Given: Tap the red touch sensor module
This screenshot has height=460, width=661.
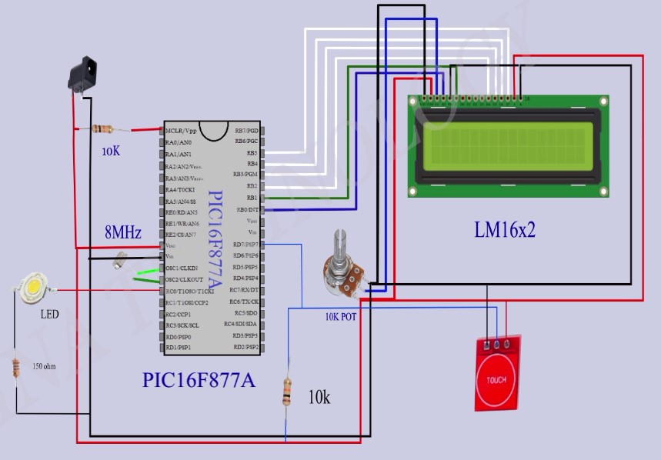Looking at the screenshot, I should point(499,371).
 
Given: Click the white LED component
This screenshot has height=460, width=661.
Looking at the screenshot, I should point(34,288).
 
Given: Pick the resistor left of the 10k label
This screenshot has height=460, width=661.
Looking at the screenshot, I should point(287,392).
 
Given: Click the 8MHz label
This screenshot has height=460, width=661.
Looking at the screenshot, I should point(123,232).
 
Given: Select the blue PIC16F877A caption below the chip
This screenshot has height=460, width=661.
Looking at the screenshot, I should point(199,380).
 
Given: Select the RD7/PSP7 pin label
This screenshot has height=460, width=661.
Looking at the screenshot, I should point(245,245).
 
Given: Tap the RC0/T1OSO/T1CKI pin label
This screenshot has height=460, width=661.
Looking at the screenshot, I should point(191,291).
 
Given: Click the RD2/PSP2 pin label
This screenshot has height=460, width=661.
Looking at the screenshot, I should point(245,348).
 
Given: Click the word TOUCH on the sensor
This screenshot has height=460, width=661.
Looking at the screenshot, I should point(496,381).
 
